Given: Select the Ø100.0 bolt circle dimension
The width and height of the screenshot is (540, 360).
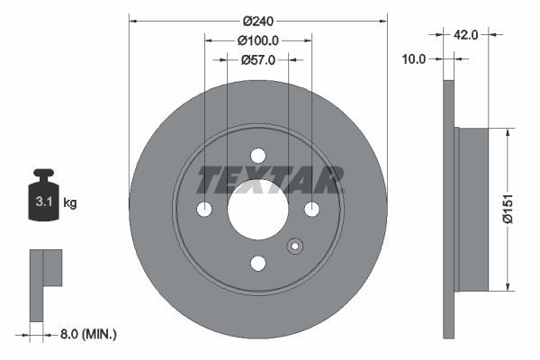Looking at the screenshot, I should click(257, 40).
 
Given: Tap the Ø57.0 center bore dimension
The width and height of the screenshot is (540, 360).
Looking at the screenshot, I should click(257, 59).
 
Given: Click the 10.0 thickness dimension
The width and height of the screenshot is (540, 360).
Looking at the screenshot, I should click(414, 58).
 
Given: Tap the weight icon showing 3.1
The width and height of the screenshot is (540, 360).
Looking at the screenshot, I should click(43, 199).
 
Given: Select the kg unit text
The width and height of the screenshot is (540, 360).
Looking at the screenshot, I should click(70, 203).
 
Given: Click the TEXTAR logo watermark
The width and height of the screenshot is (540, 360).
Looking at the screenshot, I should click(270, 180).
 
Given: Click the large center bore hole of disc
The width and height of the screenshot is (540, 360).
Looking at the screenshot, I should click(257, 210).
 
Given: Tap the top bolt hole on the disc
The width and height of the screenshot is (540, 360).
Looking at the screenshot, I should click(258, 156).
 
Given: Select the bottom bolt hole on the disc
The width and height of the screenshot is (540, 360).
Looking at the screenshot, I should click(258, 263).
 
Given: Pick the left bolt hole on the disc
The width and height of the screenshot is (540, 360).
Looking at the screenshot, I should click(204, 210).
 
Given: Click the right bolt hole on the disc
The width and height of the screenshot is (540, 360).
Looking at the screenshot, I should click(311, 210).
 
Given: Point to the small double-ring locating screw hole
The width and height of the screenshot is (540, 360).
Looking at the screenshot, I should click(294, 247).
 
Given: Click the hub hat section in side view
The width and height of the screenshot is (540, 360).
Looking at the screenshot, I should click(472, 210).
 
